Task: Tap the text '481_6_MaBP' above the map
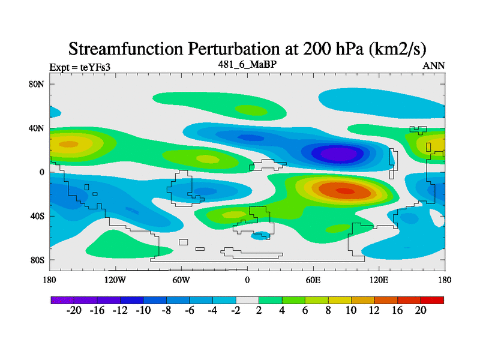[247, 64]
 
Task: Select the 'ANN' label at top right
[434, 65]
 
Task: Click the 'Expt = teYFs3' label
[79, 68]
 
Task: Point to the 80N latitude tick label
[37, 84]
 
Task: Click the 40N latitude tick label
[37, 128]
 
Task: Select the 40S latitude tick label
[37, 216]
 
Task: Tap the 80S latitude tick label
[37, 260]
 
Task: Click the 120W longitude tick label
[115, 280]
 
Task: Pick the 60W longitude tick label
[181, 280]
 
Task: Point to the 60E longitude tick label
[313, 280]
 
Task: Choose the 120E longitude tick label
[379, 280]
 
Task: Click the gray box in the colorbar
[247, 299]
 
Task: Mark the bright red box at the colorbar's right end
[432, 299]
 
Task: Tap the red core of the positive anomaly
[345, 191]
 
